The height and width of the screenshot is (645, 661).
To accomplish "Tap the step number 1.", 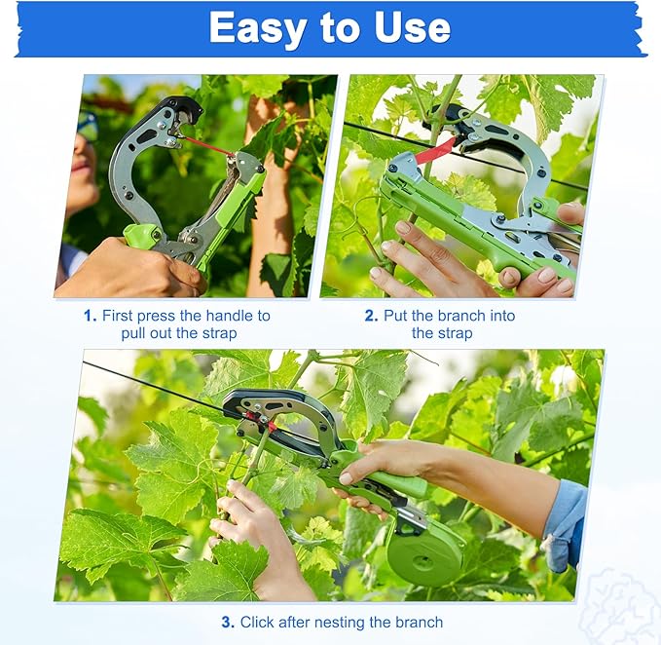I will pos(90,316).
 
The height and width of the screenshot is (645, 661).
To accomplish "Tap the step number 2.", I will pos(371,316).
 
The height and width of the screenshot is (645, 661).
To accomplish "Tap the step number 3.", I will pos(227,622).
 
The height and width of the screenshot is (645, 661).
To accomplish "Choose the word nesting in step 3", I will pos(347,622).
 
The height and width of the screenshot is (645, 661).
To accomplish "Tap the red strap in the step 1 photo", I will pos(206,146).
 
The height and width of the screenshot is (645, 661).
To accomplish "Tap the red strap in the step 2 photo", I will pos(435,150).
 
